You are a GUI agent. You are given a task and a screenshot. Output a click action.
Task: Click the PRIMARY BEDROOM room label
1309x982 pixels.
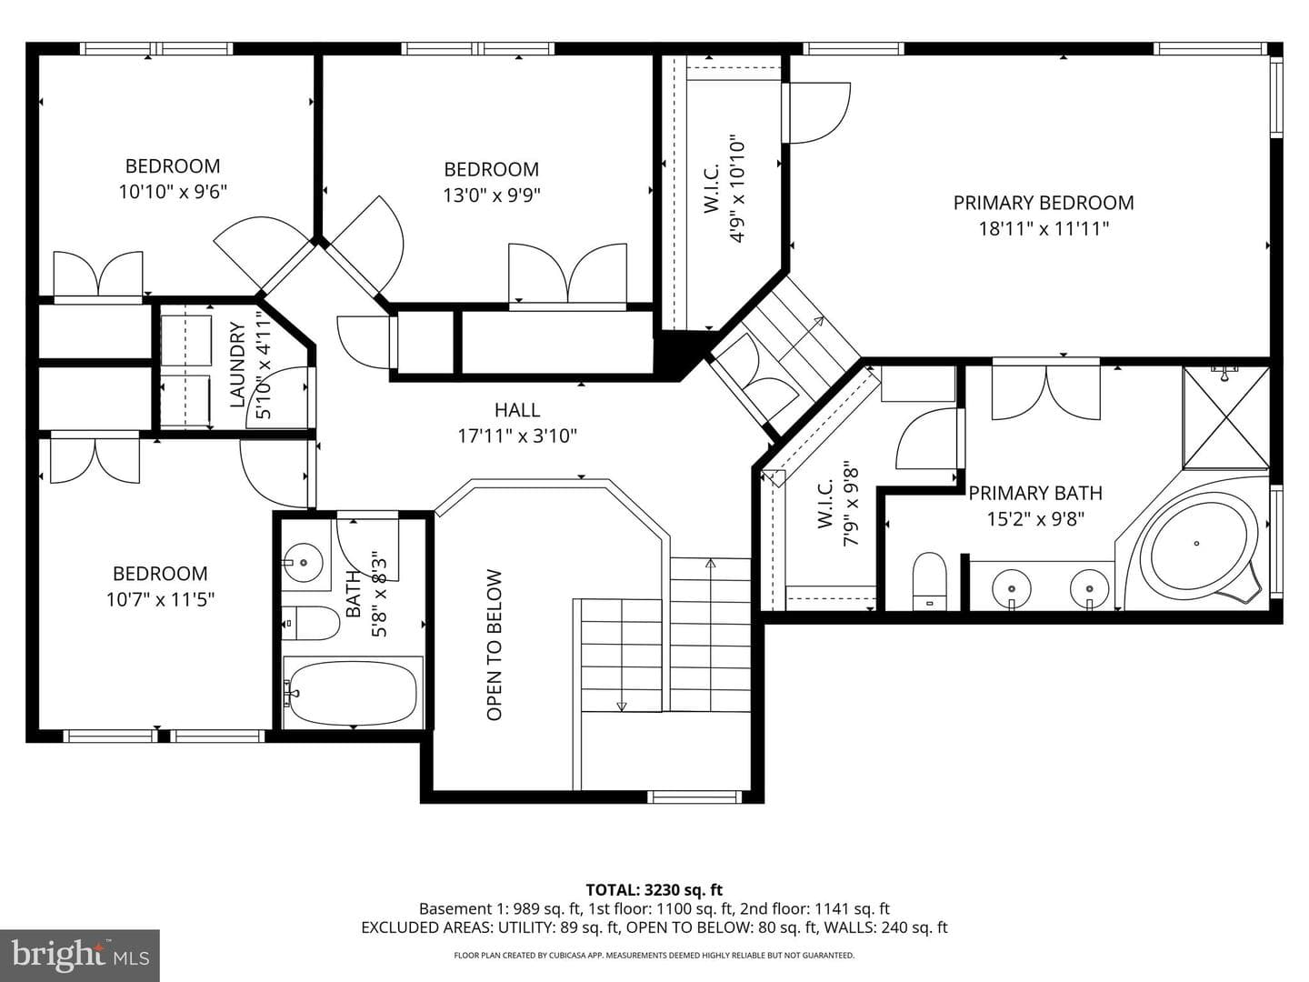[x=1043, y=203]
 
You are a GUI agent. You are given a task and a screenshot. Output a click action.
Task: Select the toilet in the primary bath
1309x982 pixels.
[x=930, y=581]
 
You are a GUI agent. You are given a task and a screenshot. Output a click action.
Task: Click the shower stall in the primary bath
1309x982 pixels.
[x=1226, y=417]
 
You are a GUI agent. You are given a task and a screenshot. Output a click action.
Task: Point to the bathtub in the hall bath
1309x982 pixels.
[x=353, y=693]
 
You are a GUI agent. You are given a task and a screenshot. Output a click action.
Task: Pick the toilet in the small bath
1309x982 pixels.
[x=310, y=623]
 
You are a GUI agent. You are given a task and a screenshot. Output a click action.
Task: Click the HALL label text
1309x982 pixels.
[x=517, y=410]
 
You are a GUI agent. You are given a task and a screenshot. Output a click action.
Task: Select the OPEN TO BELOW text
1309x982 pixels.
[x=495, y=646]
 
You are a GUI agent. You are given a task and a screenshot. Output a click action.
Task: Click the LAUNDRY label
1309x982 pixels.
[x=237, y=365]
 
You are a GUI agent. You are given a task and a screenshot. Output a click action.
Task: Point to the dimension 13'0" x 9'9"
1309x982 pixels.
[x=492, y=195]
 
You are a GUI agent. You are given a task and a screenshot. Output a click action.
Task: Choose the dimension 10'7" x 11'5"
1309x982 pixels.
[x=160, y=599]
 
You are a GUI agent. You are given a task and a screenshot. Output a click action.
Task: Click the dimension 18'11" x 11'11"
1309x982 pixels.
[x=1044, y=229]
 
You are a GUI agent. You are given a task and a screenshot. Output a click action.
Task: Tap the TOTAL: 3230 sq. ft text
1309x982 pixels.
[x=654, y=890]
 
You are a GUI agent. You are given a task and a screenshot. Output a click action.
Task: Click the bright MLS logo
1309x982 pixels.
[x=80, y=956]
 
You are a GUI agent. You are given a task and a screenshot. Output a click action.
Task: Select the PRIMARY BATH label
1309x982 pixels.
[x=1035, y=494]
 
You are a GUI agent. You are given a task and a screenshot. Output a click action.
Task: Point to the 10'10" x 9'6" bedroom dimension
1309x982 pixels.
[x=173, y=192]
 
